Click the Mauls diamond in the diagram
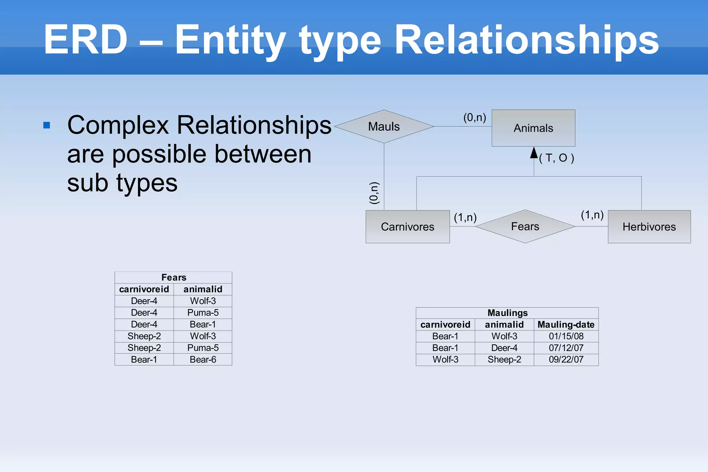(384, 127)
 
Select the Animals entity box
(533, 128)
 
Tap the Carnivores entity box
(407, 227)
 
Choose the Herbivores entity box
(649, 227)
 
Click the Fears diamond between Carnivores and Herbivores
(525, 226)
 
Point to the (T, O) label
(557, 158)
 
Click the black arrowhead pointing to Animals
(534, 153)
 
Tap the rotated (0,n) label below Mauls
(374, 193)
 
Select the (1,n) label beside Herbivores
(592, 215)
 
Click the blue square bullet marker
(47, 125)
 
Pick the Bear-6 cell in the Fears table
(203, 360)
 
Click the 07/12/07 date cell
(566, 348)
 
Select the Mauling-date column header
(566, 325)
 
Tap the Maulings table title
(507, 313)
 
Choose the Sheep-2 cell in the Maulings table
(504, 360)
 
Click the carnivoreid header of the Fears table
(144, 289)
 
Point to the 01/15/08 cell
(566, 336)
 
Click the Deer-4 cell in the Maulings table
(504, 348)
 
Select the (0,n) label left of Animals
(474, 118)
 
